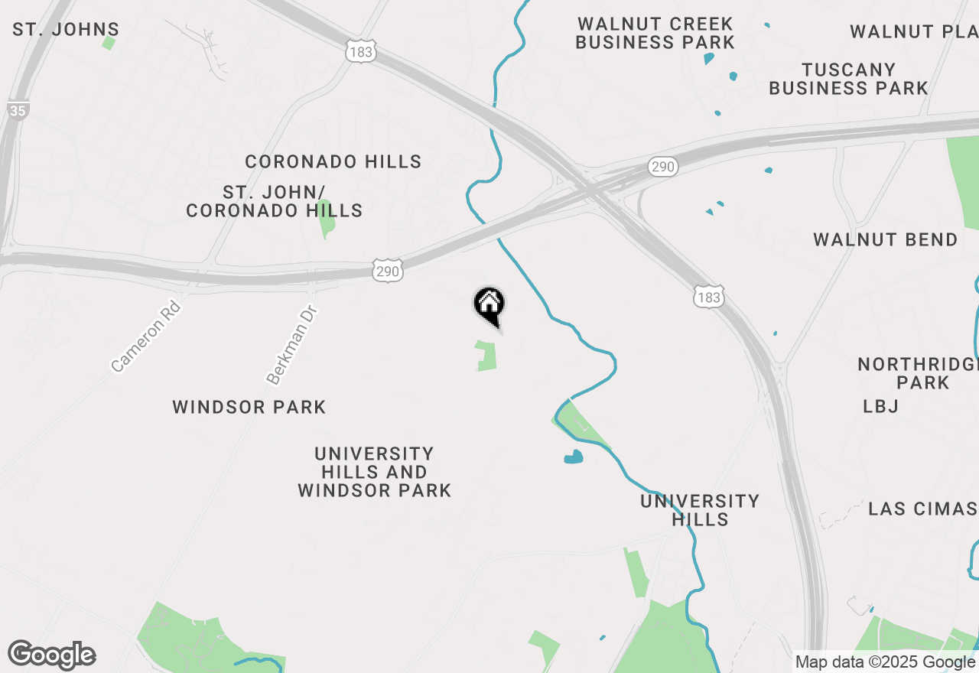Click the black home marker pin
489,304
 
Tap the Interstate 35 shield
18,110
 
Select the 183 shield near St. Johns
360,51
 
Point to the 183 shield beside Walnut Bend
709,297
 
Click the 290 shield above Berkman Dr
388,271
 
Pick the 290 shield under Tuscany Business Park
662,167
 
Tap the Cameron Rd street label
145,336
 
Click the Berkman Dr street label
291,345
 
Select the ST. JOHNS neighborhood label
66,30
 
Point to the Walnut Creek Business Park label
655,33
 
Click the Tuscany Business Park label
848,79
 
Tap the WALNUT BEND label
885,239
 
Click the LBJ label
880,406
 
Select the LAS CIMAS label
922,509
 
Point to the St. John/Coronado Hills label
275,200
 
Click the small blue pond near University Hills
573,457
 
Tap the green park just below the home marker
486,356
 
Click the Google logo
51,655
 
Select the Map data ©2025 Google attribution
885,662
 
